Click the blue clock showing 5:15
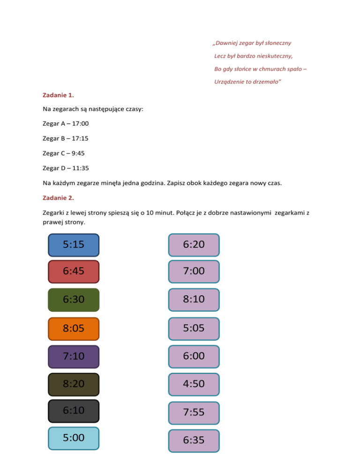pyautogui.click(x=74, y=245)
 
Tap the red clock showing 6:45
pyautogui.click(x=74, y=272)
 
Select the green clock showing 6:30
pyautogui.click(x=74, y=300)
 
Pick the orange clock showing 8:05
pyautogui.click(x=74, y=329)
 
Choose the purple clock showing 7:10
pyautogui.click(x=74, y=357)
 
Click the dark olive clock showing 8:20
pyautogui.click(x=74, y=384)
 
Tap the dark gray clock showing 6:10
pyautogui.click(x=74, y=411)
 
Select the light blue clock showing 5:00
pyautogui.click(x=74, y=438)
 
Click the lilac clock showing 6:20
pyautogui.click(x=194, y=245)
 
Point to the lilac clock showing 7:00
pyautogui.click(x=194, y=272)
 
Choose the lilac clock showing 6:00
pyautogui.click(x=194, y=357)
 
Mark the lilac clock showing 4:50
pyautogui.click(x=194, y=384)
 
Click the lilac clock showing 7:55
pyautogui.click(x=194, y=413)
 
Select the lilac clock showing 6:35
pyautogui.click(x=194, y=441)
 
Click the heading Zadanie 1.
pyautogui.click(x=58, y=95)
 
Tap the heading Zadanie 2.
pyautogui.click(x=58, y=197)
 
